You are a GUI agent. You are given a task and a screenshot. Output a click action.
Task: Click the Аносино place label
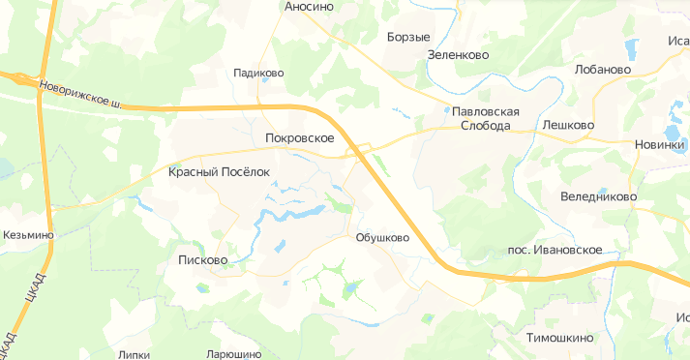310,7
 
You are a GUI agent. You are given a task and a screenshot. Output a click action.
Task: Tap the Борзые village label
407,38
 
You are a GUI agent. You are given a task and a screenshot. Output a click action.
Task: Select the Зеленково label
457,55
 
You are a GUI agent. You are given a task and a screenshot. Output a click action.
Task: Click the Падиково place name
258,73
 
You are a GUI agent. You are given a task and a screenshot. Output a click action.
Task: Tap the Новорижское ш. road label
80,94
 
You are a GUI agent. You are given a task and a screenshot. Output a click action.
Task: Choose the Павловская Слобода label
491,118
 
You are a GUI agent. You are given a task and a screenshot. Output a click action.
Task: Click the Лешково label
568,125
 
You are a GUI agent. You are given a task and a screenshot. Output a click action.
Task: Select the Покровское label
299,139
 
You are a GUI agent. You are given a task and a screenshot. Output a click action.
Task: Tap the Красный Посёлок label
220,172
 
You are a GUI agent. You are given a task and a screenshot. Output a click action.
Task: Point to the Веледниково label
598,196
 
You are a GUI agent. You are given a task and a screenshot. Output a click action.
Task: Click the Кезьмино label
28,235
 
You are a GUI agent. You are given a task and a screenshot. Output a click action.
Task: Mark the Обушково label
382,237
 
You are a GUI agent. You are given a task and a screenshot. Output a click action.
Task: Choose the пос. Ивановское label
555,250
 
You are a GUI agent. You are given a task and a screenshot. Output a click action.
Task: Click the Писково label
202,259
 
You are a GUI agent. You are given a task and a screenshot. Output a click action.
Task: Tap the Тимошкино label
559,338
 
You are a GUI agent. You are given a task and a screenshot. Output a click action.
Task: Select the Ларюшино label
234,354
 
